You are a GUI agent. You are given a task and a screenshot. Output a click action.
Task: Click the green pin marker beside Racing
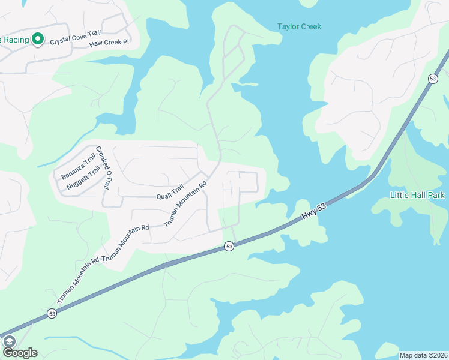coord(37,40)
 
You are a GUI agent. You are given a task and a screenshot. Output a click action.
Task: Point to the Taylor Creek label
coord(299,26)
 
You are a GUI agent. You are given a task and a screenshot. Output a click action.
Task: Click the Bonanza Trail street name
coord(78,167)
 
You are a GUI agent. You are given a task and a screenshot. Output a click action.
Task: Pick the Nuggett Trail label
coord(83,178)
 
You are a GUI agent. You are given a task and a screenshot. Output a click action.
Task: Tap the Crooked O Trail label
coord(104,169)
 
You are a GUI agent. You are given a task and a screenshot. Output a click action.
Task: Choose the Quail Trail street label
coord(170,193)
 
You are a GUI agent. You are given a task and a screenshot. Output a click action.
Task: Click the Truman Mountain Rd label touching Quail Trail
coord(186,203)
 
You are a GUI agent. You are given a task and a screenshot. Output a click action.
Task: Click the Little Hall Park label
coord(417,196)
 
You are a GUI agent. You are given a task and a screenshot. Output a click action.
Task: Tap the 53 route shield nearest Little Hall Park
coord(432,79)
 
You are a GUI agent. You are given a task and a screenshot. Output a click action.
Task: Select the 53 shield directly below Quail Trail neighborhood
coord(229,246)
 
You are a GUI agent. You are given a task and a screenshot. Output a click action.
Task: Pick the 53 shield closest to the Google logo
coord(52,313)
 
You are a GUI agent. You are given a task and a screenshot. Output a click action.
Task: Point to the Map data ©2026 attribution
coord(423,355)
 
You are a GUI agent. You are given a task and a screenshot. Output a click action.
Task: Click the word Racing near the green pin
coord(13,40)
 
